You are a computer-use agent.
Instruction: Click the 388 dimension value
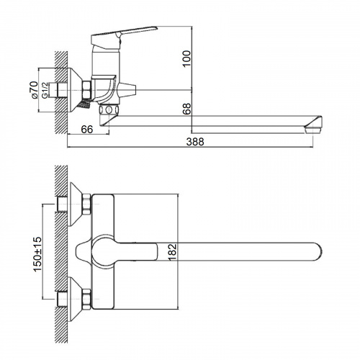pyautogui.click(x=195, y=142)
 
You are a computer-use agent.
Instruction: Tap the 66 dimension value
pyautogui.click(x=87, y=130)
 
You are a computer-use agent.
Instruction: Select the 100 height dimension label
pyautogui.click(x=186, y=59)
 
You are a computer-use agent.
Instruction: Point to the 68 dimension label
pyautogui.click(x=186, y=109)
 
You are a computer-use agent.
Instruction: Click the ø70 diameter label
pyautogui.click(x=34, y=90)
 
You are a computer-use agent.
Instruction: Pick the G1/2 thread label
pyautogui.click(x=45, y=91)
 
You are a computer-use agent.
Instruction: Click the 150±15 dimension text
pyautogui.click(x=37, y=254)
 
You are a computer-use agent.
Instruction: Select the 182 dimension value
pyautogui.click(x=172, y=252)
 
